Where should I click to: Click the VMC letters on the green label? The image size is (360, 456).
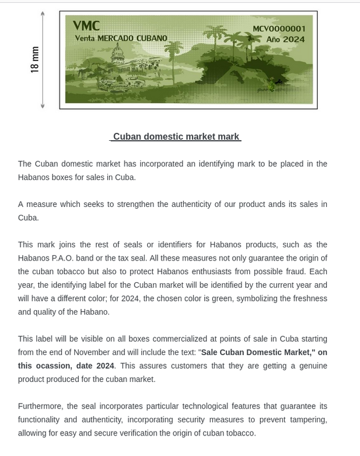pyautogui.click(x=86, y=26)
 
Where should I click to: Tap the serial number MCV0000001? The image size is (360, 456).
pyautogui.click(x=279, y=29)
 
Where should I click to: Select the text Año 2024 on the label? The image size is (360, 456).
pyautogui.click(x=285, y=39)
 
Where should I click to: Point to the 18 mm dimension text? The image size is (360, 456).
pyautogui.click(x=35, y=59)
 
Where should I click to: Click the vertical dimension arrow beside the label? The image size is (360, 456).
pyautogui.click(x=43, y=59)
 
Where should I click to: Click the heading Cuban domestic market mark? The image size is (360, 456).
pyautogui.click(x=176, y=137)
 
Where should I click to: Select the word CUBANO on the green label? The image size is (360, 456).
pyautogui.click(x=151, y=38)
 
